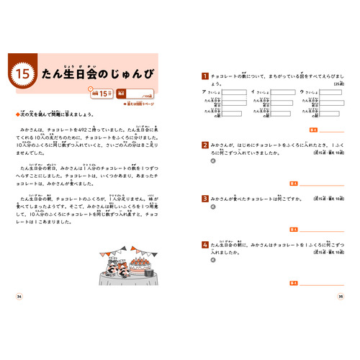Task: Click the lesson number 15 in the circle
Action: click(x=21, y=73)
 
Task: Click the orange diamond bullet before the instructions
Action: click(x=17, y=113)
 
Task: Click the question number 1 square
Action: click(x=205, y=76)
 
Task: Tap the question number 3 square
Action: click(x=205, y=197)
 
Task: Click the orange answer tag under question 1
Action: click(x=294, y=130)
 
